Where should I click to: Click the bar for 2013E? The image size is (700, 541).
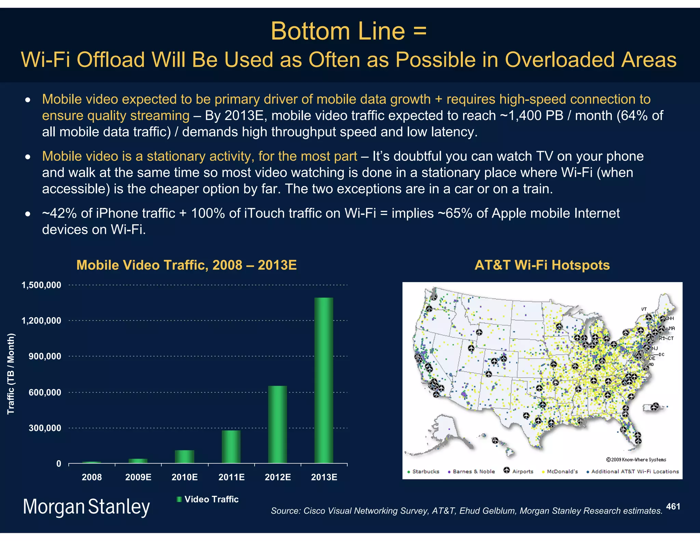coord(324,380)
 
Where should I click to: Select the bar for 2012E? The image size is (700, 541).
coord(277,424)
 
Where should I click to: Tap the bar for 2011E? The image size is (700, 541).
coord(231,447)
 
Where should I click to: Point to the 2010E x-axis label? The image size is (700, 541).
coord(185,477)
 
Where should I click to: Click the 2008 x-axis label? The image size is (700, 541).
coord(92,477)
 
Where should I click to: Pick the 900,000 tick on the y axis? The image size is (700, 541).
coord(45,356)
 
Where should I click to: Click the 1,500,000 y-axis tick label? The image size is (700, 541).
coord(41,285)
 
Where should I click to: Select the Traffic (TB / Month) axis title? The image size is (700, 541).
coord(11,373)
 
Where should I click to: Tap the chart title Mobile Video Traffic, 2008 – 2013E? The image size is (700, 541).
coord(186,265)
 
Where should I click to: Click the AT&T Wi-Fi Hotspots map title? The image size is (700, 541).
coord(542,265)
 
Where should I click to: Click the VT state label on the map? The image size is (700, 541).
coord(644,309)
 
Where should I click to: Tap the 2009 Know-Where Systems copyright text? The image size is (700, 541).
coord(636,460)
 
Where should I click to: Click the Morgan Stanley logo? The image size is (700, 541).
coord(86,506)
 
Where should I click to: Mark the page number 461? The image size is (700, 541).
coord(673,506)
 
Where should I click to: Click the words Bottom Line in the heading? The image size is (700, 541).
coord(338,31)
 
